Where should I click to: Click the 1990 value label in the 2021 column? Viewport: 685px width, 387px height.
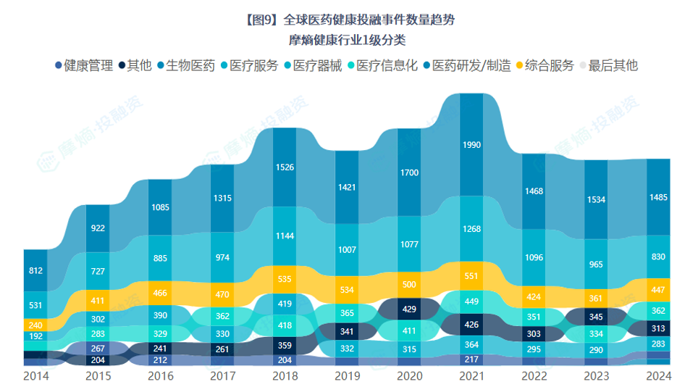(471, 145)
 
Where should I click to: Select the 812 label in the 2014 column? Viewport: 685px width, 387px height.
(35, 271)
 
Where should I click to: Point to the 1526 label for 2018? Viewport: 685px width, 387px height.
(285, 167)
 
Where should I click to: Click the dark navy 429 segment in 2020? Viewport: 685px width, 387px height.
(409, 309)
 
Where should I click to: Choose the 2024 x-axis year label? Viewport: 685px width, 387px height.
(658, 377)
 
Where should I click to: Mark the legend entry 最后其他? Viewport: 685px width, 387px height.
(613, 65)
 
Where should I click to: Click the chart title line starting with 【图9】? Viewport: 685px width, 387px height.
(342, 20)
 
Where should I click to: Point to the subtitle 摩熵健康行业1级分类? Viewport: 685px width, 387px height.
(342, 40)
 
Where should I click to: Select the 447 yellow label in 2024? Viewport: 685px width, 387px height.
(658, 291)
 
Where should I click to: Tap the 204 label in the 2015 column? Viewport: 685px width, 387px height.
(98, 359)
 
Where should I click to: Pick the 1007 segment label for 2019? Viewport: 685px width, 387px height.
(347, 250)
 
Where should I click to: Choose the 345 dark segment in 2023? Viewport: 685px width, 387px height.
(596, 317)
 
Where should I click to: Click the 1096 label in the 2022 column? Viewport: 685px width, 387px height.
(534, 257)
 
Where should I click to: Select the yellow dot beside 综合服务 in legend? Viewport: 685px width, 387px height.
(518, 66)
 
